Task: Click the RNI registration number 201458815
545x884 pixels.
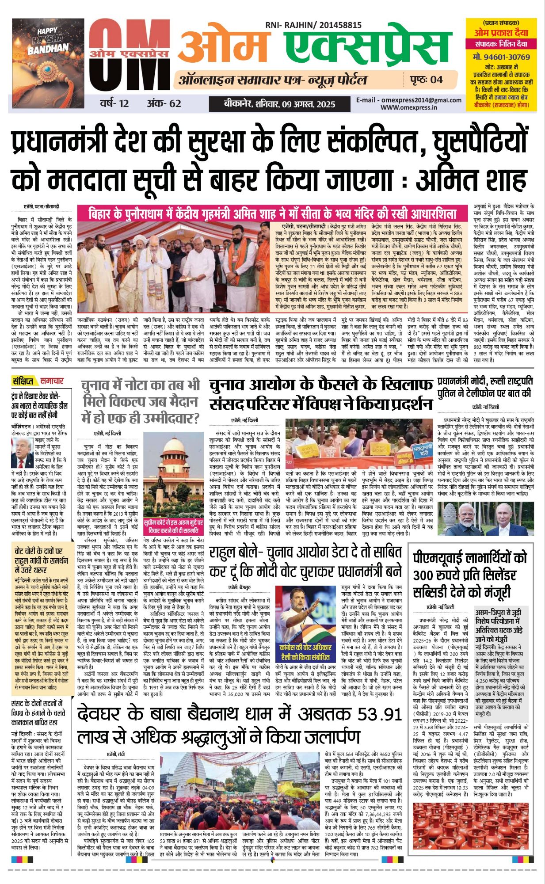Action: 338,26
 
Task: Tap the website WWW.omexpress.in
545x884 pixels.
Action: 409,107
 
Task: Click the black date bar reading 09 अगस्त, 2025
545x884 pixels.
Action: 272,104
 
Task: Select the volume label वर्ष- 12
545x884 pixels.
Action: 114,103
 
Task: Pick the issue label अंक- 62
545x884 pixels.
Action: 164,103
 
